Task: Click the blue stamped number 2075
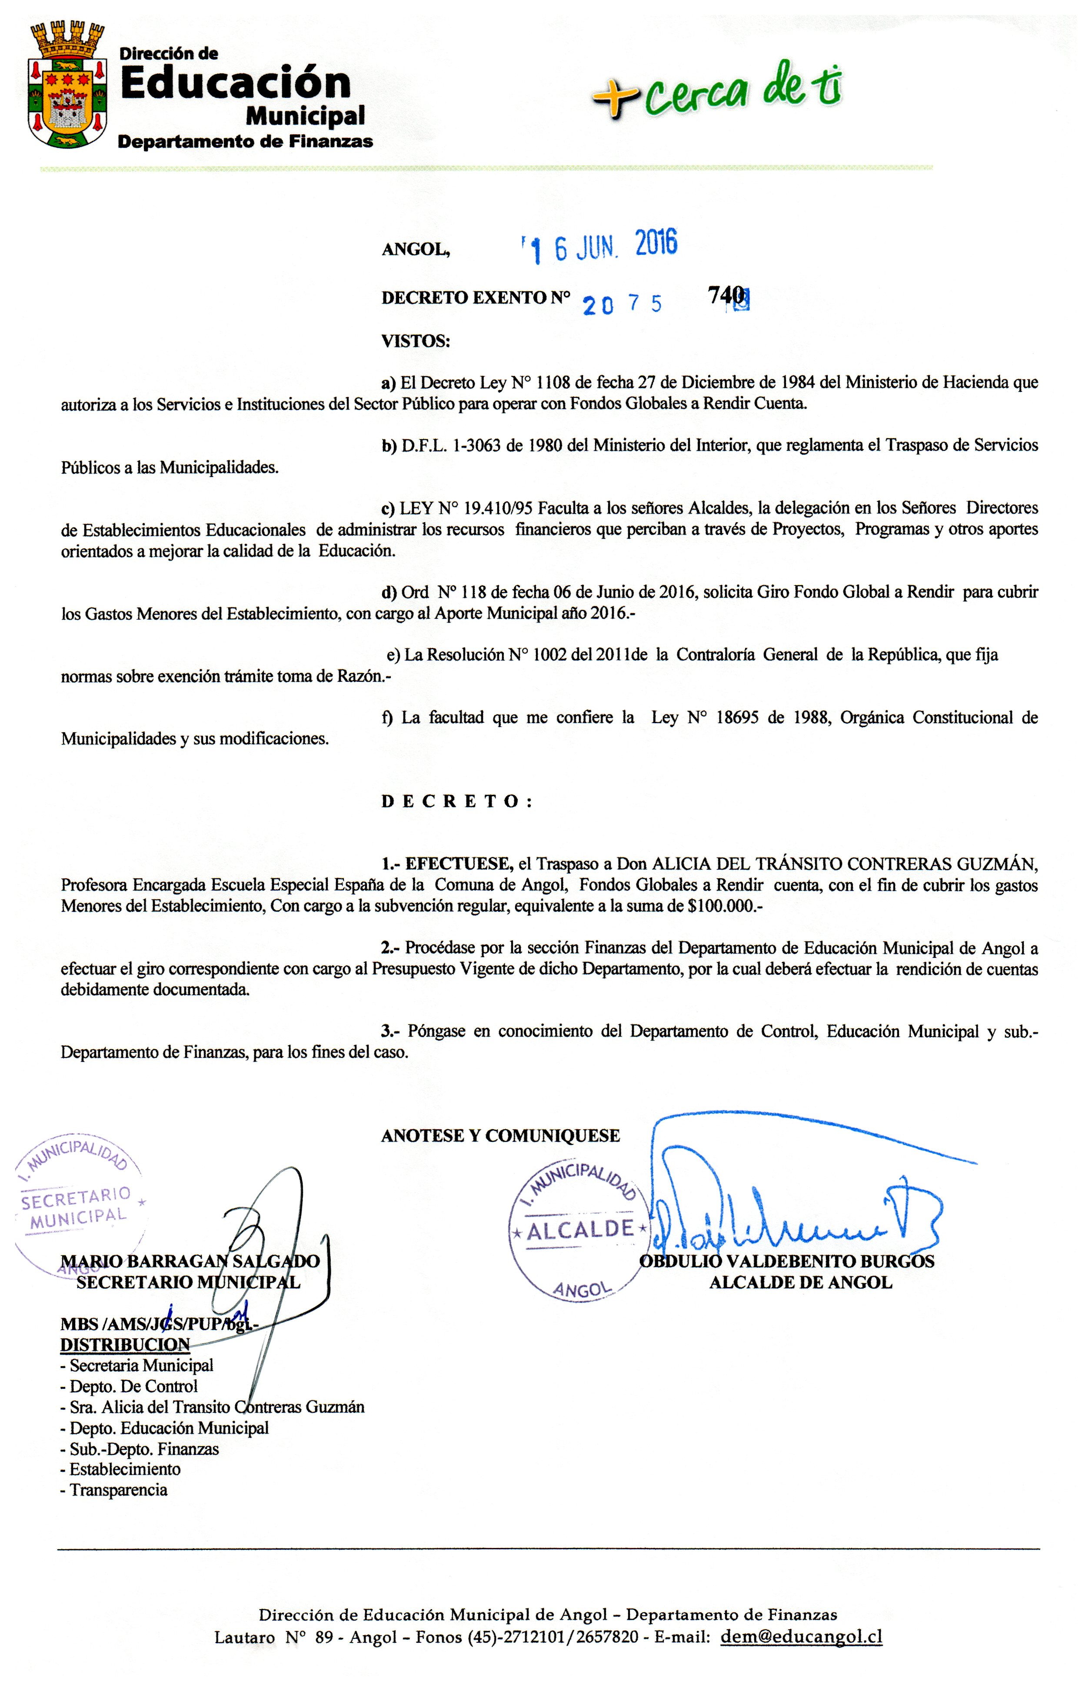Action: coord(622,304)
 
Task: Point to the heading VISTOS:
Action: coord(416,341)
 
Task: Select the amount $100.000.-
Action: coord(729,907)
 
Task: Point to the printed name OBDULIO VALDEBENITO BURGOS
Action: coord(787,1261)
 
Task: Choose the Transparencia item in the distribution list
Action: coord(118,1490)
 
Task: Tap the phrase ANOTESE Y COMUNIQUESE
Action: coord(501,1136)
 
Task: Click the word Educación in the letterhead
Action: coord(236,83)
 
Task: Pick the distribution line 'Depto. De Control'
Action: coord(133,1387)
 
